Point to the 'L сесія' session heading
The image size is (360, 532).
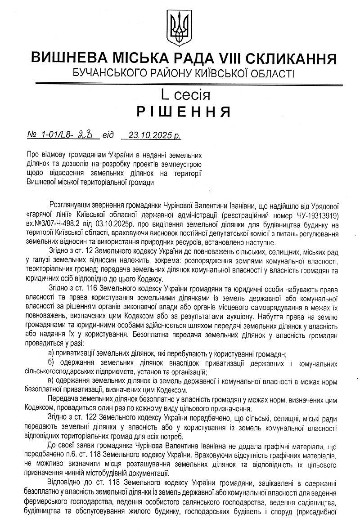[x=180, y=95]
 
